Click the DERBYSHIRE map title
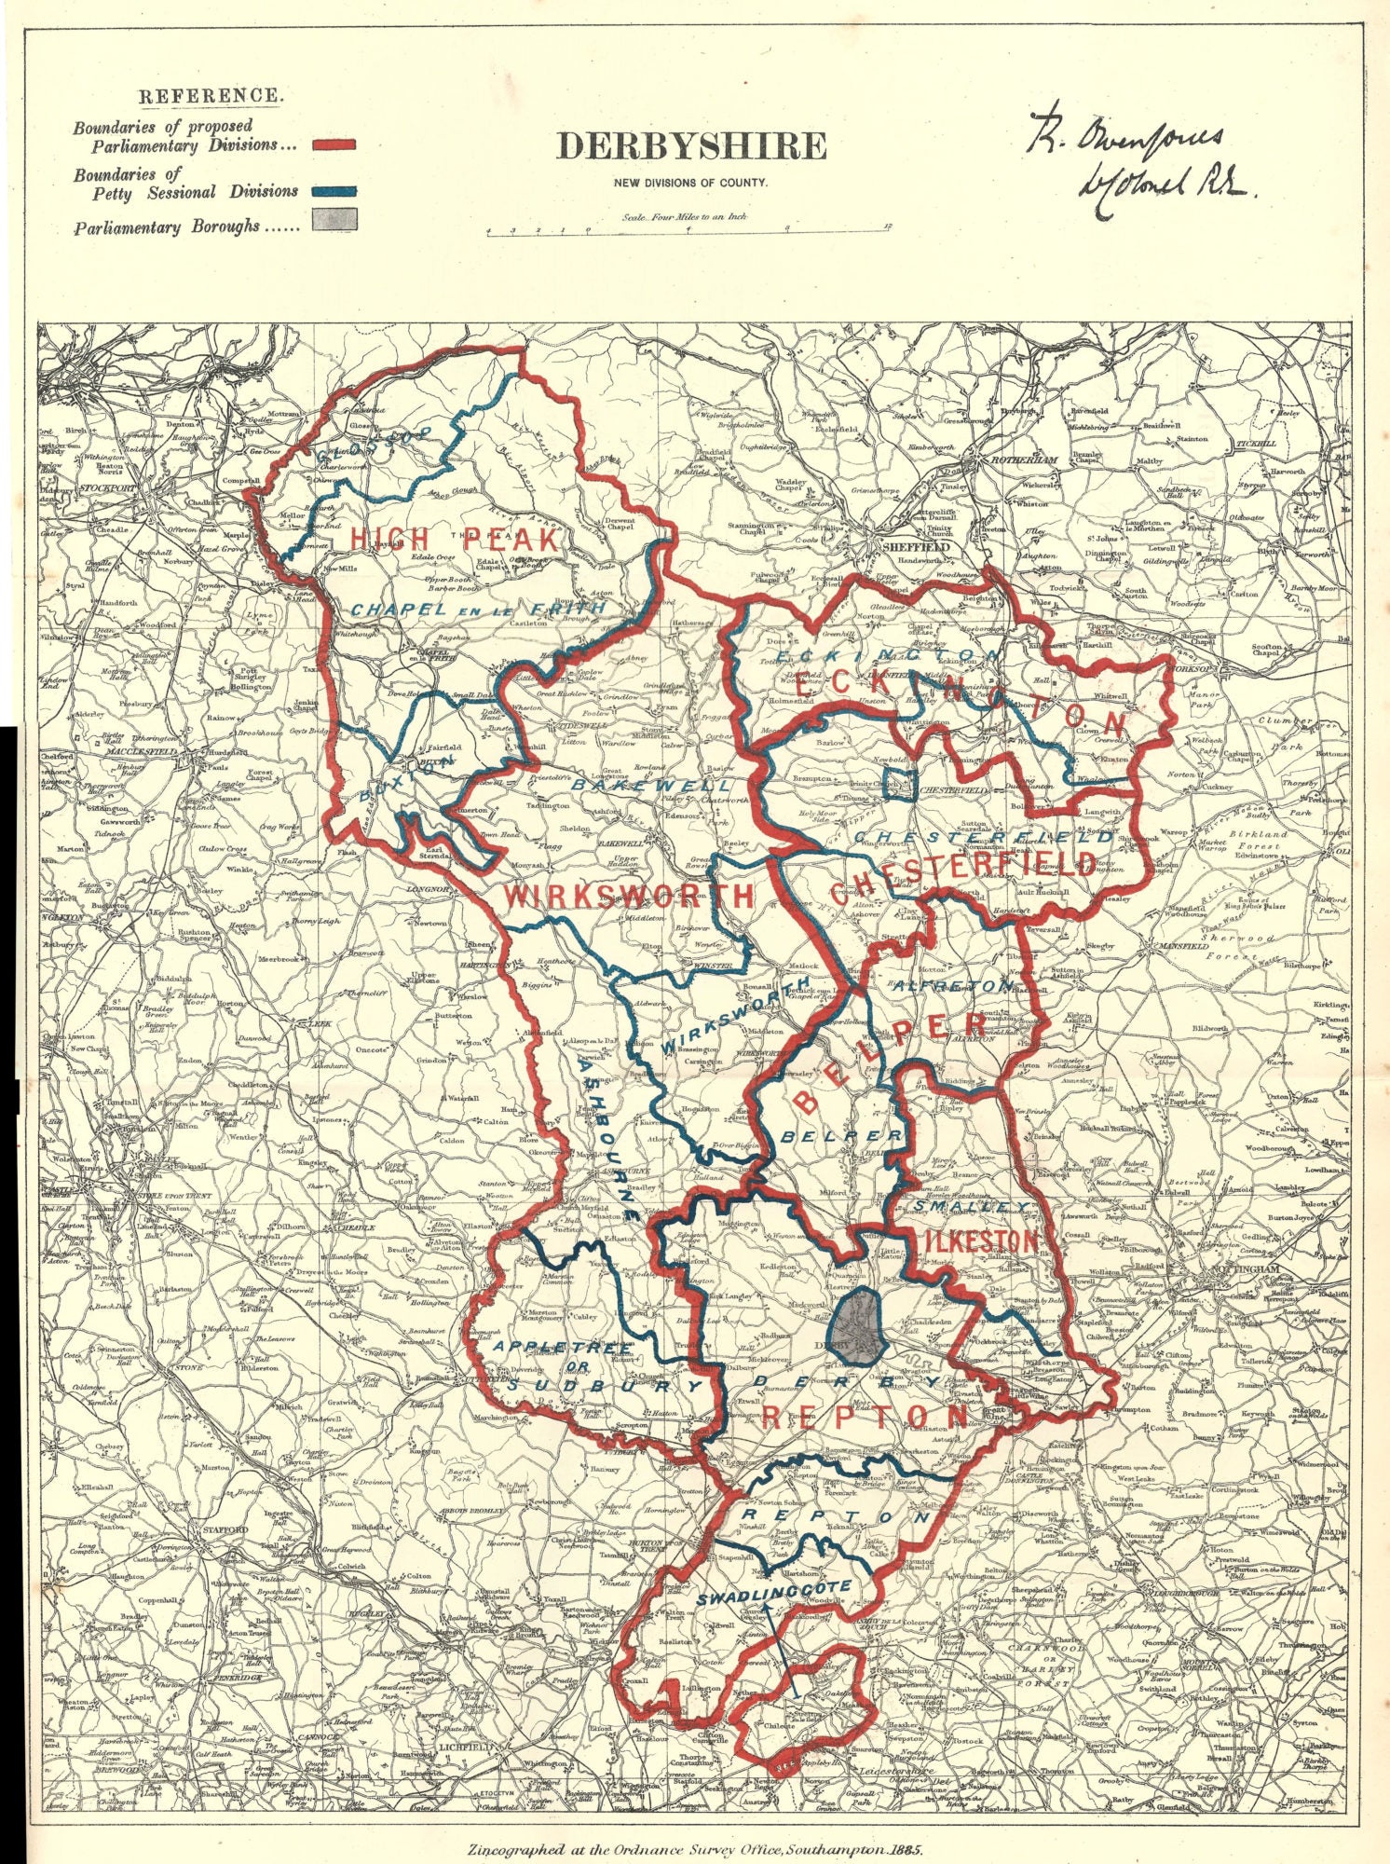pyautogui.click(x=690, y=146)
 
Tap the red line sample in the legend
pyautogui.click(x=334, y=144)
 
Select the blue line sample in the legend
pyautogui.click(x=334, y=191)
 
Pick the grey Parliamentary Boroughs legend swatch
pyautogui.click(x=334, y=220)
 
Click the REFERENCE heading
pyautogui.click(x=210, y=96)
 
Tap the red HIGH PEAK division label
pyautogui.click(x=455, y=539)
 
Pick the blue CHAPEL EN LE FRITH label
pyautogui.click(x=478, y=609)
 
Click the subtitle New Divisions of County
pyautogui.click(x=690, y=182)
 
